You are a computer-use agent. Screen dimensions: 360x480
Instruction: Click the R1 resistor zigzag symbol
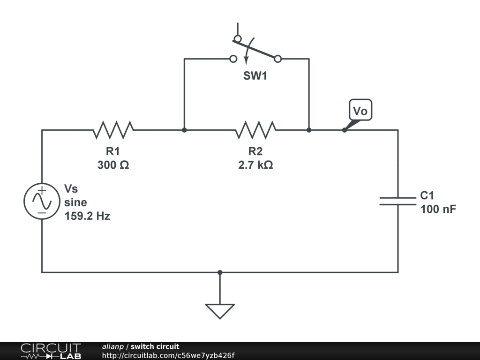(x=113, y=130)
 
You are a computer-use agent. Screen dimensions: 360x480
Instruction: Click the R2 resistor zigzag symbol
(x=255, y=130)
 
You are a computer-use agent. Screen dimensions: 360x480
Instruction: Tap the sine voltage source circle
(x=42, y=201)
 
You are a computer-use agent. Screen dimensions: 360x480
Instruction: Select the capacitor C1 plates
(x=397, y=201)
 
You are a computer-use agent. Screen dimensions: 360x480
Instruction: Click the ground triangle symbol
(x=219, y=310)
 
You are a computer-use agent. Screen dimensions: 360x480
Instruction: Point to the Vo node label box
(x=360, y=111)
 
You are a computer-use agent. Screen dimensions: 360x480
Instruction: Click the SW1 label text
(x=255, y=75)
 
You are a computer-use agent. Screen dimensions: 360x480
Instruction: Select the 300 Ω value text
(x=113, y=165)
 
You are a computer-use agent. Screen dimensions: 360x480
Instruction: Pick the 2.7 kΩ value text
(x=255, y=165)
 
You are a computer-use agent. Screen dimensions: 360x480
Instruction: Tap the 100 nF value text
(x=438, y=210)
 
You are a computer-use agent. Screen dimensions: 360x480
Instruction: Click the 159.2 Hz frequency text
(x=87, y=217)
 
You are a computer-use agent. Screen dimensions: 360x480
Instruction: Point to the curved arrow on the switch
(x=247, y=52)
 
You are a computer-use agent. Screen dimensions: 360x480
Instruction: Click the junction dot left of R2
(x=184, y=130)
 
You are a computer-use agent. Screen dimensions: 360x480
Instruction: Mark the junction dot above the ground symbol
(x=220, y=272)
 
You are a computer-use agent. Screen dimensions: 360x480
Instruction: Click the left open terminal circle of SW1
(x=233, y=59)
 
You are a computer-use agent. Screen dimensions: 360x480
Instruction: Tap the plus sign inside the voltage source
(x=42, y=190)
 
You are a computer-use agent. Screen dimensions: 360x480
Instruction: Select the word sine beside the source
(x=75, y=202)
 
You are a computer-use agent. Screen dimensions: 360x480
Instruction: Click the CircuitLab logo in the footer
(x=51, y=351)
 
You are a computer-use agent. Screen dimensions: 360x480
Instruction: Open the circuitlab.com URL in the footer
(x=168, y=355)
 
